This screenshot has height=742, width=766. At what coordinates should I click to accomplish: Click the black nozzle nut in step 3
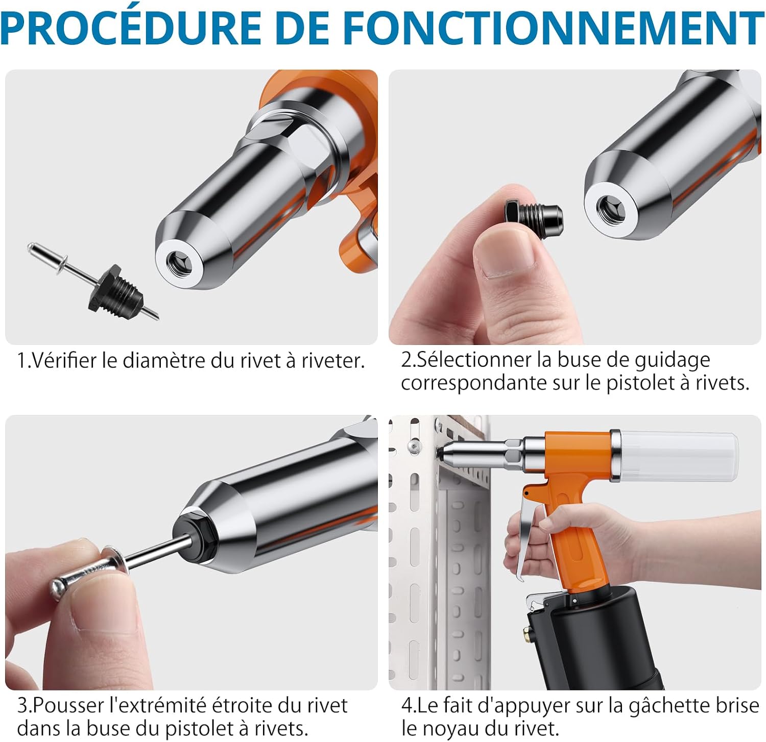(x=195, y=540)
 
